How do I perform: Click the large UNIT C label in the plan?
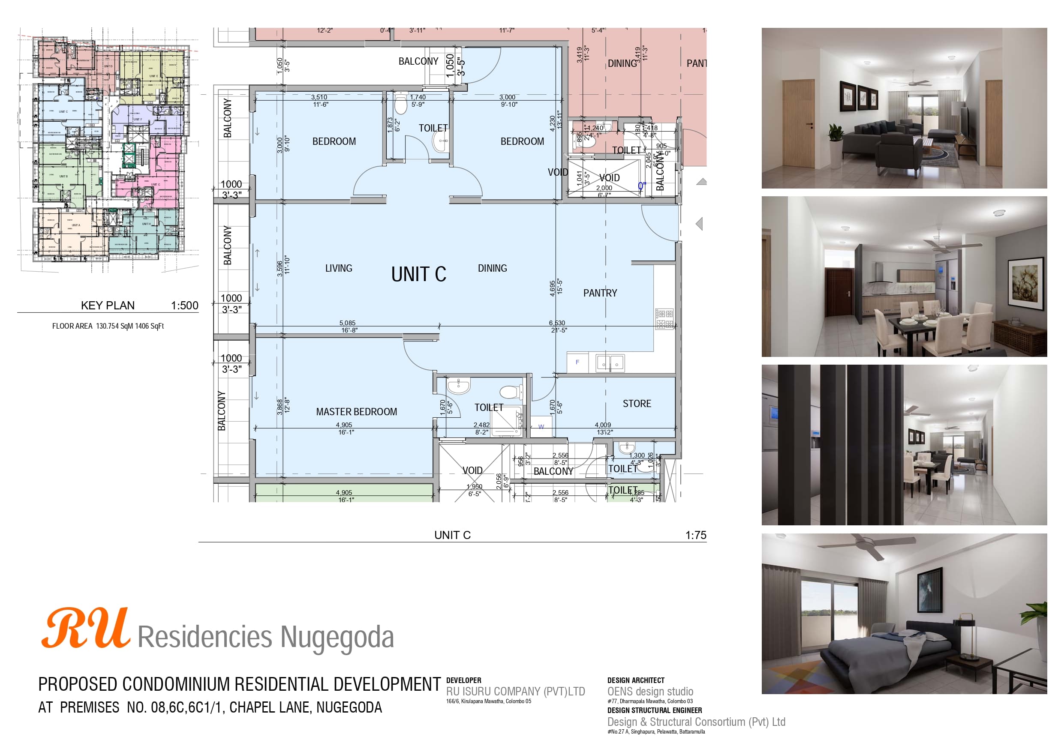pos(418,274)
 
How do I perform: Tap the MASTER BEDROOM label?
pos(356,411)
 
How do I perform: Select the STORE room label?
pos(637,404)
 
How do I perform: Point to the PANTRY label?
pos(600,293)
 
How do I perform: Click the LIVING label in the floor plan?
pos(338,268)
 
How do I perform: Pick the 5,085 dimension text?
pos(348,323)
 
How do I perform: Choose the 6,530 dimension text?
pos(557,323)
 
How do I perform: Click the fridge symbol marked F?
pos(577,363)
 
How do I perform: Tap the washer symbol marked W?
pos(541,427)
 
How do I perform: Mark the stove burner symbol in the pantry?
pos(664,319)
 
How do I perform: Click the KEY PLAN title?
pos(108,306)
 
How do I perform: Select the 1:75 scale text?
pos(696,535)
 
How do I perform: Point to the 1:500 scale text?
pos(184,306)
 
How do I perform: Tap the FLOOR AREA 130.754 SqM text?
pos(108,326)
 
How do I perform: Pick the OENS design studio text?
pos(650,691)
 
